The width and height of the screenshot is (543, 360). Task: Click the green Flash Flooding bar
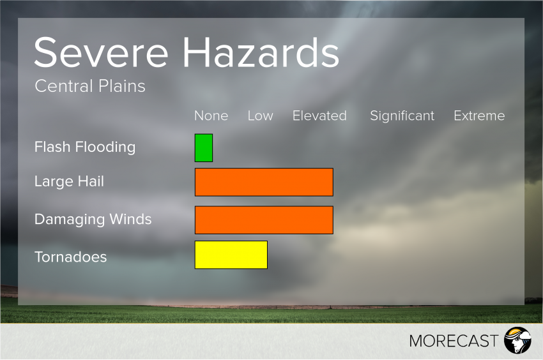pyautogui.click(x=204, y=148)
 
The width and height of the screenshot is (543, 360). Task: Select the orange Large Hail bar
pyautogui.click(x=264, y=182)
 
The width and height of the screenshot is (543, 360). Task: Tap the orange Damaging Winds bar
pyautogui.click(x=264, y=220)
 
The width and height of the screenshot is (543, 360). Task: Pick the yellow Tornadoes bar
pyautogui.click(x=231, y=255)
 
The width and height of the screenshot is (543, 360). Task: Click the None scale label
pyautogui.click(x=211, y=116)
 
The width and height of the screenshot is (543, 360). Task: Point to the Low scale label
pyautogui.click(x=260, y=116)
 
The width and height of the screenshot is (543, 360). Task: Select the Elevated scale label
pyautogui.click(x=319, y=116)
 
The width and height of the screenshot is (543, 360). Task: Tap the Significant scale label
pyautogui.click(x=402, y=116)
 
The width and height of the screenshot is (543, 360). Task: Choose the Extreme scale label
pyautogui.click(x=479, y=116)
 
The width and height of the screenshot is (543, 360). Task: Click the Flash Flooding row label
pyautogui.click(x=85, y=147)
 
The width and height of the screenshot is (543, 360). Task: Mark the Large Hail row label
pyautogui.click(x=69, y=182)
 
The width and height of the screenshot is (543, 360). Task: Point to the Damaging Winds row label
pyautogui.click(x=93, y=220)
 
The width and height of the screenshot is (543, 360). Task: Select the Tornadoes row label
pyautogui.click(x=70, y=257)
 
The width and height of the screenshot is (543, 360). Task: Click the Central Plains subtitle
pyautogui.click(x=90, y=86)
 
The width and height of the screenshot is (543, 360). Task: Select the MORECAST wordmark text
pyautogui.click(x=454, y=341)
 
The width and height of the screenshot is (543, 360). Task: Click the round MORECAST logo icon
pyautogui.click(x=517, y=340)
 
